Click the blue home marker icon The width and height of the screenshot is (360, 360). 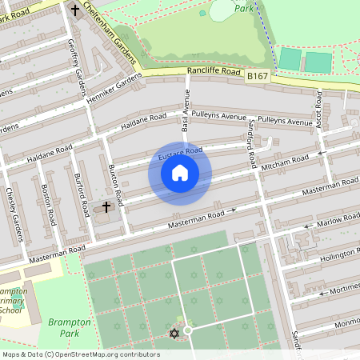pyautogui.click(x=180, y=173)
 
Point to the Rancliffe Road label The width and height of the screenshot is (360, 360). pyautogui.click(x=214, y=71)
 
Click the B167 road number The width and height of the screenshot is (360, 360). pyautogui.click(x=258, y=75)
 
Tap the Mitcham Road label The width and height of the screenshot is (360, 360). pyautogui.click(x=285, y=163)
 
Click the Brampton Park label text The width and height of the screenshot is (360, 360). pyautogui.click(x=70, y=327)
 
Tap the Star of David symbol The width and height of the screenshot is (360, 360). pyautogui.click(x=174, y=332)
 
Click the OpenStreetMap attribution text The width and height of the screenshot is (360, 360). pyautogui.click(x=81, y=354)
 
